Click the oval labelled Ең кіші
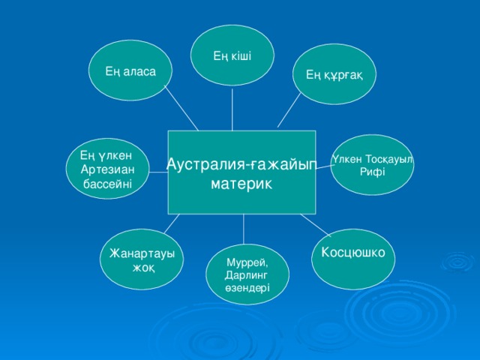pyautogui.click(x=232, y=56)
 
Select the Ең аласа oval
pyautogui.click(x=131, y=70)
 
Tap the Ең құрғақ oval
pyautogui.click(x=334, y=73)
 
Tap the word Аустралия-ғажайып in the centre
pyautogui.click(x=241, y=164)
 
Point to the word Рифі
pyautogui.click(x=372, y=172)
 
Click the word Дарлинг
pyautogui.click(x=246, y=275)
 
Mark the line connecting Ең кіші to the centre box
pyautogui.click(x=232, y=109)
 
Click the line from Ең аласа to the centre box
pyautogui.click(x=181, y=111)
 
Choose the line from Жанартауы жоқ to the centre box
pyautogui.click(x=172, y=223)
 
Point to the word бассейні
pyautogui.click(x=109, y=182)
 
